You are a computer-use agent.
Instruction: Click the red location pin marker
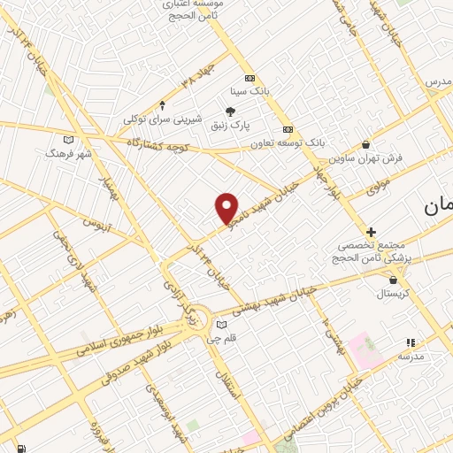pos(227,207)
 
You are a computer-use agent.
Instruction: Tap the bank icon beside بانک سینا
pos(250,78)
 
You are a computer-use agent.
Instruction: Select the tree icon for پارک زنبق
pos(231,111)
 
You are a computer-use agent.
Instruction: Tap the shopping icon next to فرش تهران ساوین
pos(366,145)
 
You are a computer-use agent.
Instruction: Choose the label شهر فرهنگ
pos(68,152)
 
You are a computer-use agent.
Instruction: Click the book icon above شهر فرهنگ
pos(68,139)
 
